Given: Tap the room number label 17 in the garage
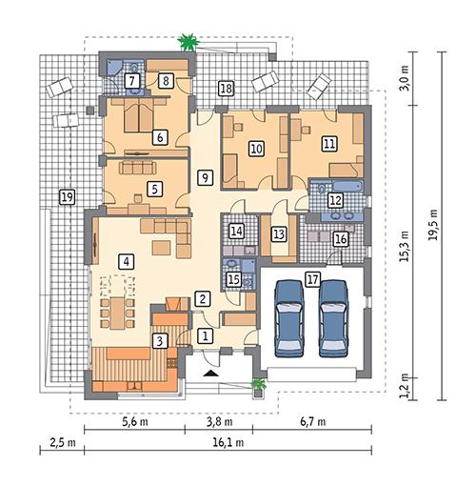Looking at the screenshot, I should pos(312,279).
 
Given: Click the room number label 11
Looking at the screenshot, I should pos(329,144).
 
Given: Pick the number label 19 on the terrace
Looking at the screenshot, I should pos(66,196).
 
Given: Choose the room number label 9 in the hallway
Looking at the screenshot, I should pos(204,177).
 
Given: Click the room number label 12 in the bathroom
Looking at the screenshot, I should pos(335,200).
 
